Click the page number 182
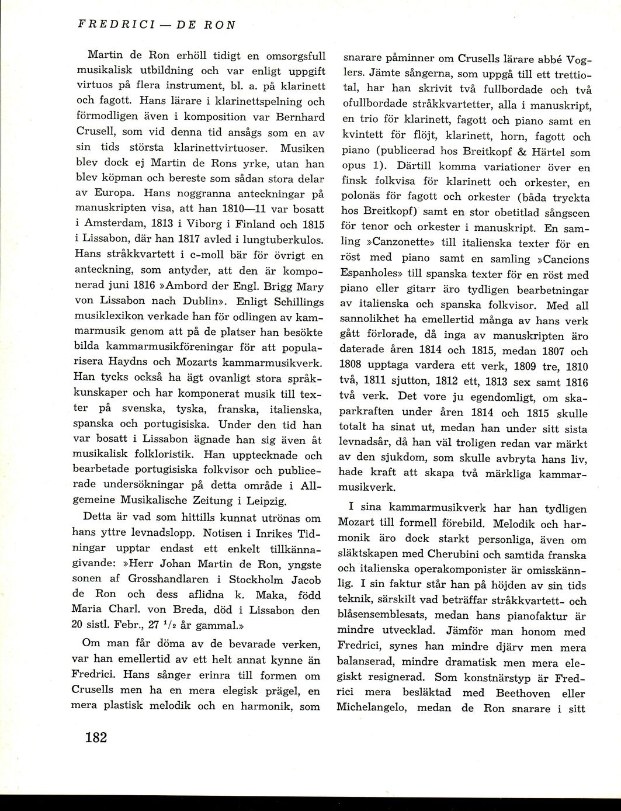click(96, 738)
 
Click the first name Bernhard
click(301, 116)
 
